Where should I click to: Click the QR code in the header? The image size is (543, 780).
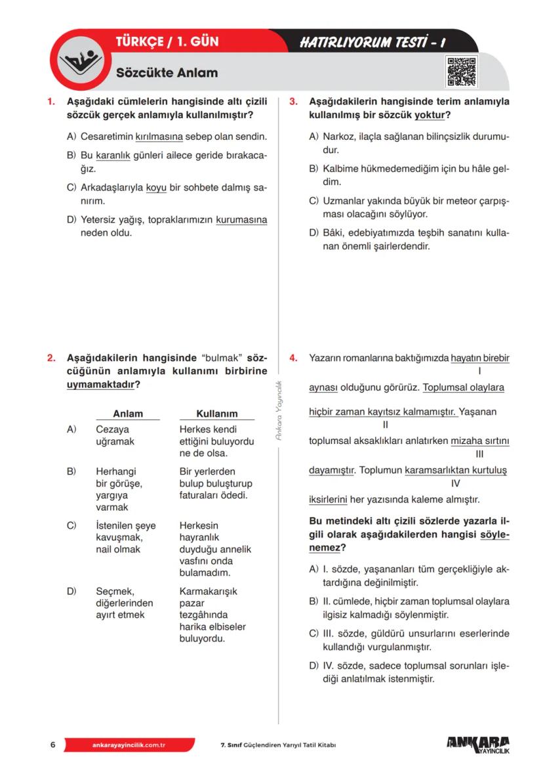(461, 72)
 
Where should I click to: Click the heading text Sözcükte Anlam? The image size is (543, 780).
(167, 73)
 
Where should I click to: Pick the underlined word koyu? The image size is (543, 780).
(156, 188)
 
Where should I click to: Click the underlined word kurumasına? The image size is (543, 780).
(241, 220)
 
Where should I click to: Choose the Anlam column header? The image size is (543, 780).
(128, 414)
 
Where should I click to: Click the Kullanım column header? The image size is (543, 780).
(217, 414)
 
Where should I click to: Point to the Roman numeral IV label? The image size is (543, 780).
(456, 483)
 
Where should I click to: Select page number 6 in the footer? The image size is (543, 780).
(52, 745)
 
